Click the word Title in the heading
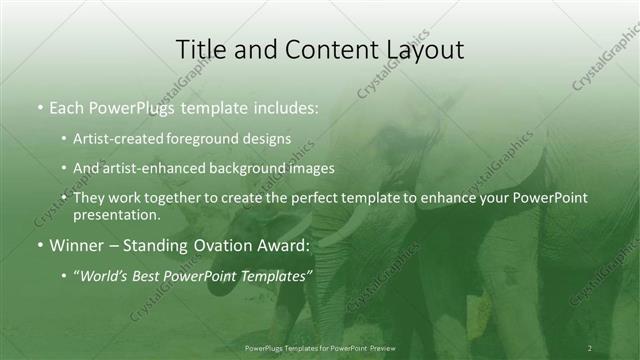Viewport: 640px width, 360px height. click(198, 49)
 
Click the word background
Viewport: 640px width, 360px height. click(260, 168)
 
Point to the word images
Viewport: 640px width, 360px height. click(315, 168)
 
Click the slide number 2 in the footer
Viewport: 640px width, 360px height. click(590, 347)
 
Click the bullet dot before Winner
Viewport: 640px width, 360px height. click(39, 244)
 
